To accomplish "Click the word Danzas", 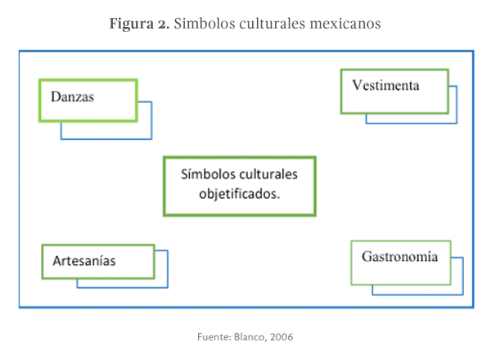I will [x=73, y=97].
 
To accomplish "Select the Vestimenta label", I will [x=386, y=85].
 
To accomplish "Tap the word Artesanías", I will [x=83, y=262].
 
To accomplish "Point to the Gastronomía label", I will [x=399, y=257].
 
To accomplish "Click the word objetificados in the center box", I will [x=239, y=195].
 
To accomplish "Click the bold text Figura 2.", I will [x=139, y=24].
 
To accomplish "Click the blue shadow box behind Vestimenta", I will [x=452, y=119].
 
